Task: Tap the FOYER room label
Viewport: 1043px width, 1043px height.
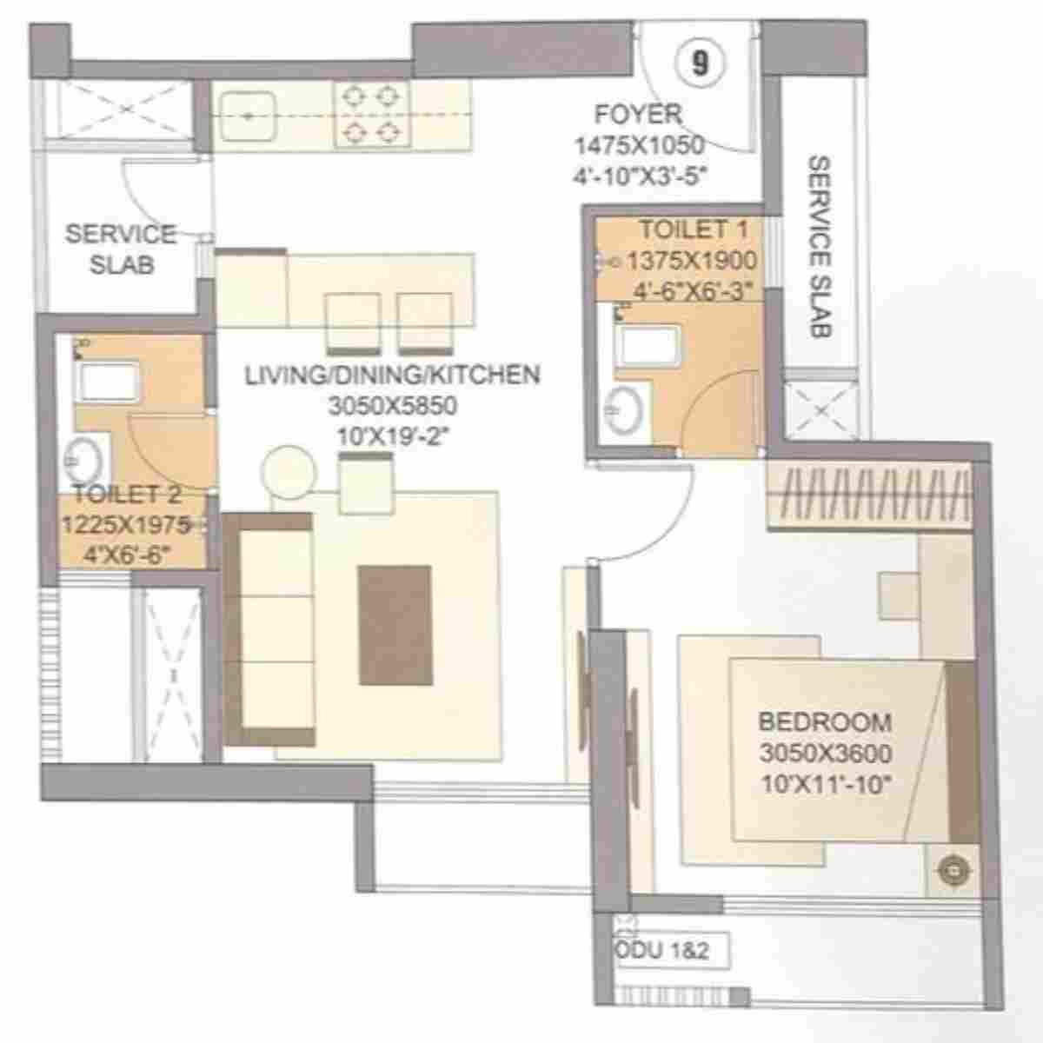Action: [x=638, y=115]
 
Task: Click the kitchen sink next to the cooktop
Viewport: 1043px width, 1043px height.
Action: [x=248, y=115]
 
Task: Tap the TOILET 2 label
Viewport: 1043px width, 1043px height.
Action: [x=127, y=495]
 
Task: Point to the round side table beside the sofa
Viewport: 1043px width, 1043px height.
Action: [x=288, y=472]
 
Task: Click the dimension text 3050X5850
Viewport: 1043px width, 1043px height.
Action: [x=392, y=405]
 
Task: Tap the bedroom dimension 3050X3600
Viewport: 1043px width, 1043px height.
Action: [x=825, y=753]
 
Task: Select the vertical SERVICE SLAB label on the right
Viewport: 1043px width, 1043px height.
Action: [x=820, y=246]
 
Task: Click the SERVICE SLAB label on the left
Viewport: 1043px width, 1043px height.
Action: [x=121, y=249]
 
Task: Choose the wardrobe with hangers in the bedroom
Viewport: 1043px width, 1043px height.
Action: [x=868, y=497]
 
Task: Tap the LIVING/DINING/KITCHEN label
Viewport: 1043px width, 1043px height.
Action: [x=392, y=375]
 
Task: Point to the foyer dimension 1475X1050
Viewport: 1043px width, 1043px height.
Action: [x=638, y=145]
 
